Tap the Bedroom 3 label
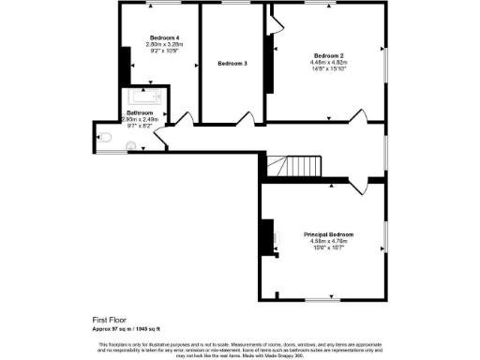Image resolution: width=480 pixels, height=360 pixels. [232, 63]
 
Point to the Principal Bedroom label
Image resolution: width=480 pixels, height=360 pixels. [328, 233]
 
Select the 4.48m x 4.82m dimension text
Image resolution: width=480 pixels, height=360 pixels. [325, 63]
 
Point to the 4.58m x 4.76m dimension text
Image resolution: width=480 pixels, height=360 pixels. [328, 241]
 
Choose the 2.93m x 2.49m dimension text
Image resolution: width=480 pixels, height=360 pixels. [144, 119]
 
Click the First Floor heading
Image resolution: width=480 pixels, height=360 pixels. [109, 320]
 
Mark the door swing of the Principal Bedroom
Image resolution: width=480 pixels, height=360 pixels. [357, 187]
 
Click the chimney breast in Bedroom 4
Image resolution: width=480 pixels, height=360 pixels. [123, 65]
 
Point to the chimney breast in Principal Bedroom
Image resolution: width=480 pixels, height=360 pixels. [266, 234]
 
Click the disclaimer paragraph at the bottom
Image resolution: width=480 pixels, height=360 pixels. [240, 349]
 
